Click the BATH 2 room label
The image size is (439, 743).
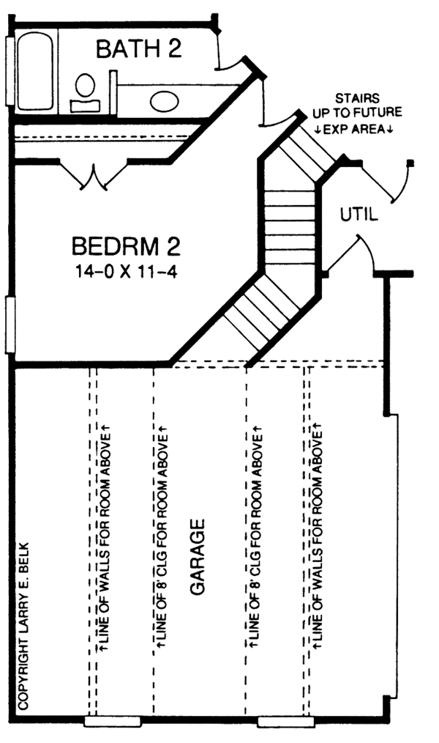pos(139,49)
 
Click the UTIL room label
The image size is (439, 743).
pos(359,215)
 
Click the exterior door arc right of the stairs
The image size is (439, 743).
pos(402,183)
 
